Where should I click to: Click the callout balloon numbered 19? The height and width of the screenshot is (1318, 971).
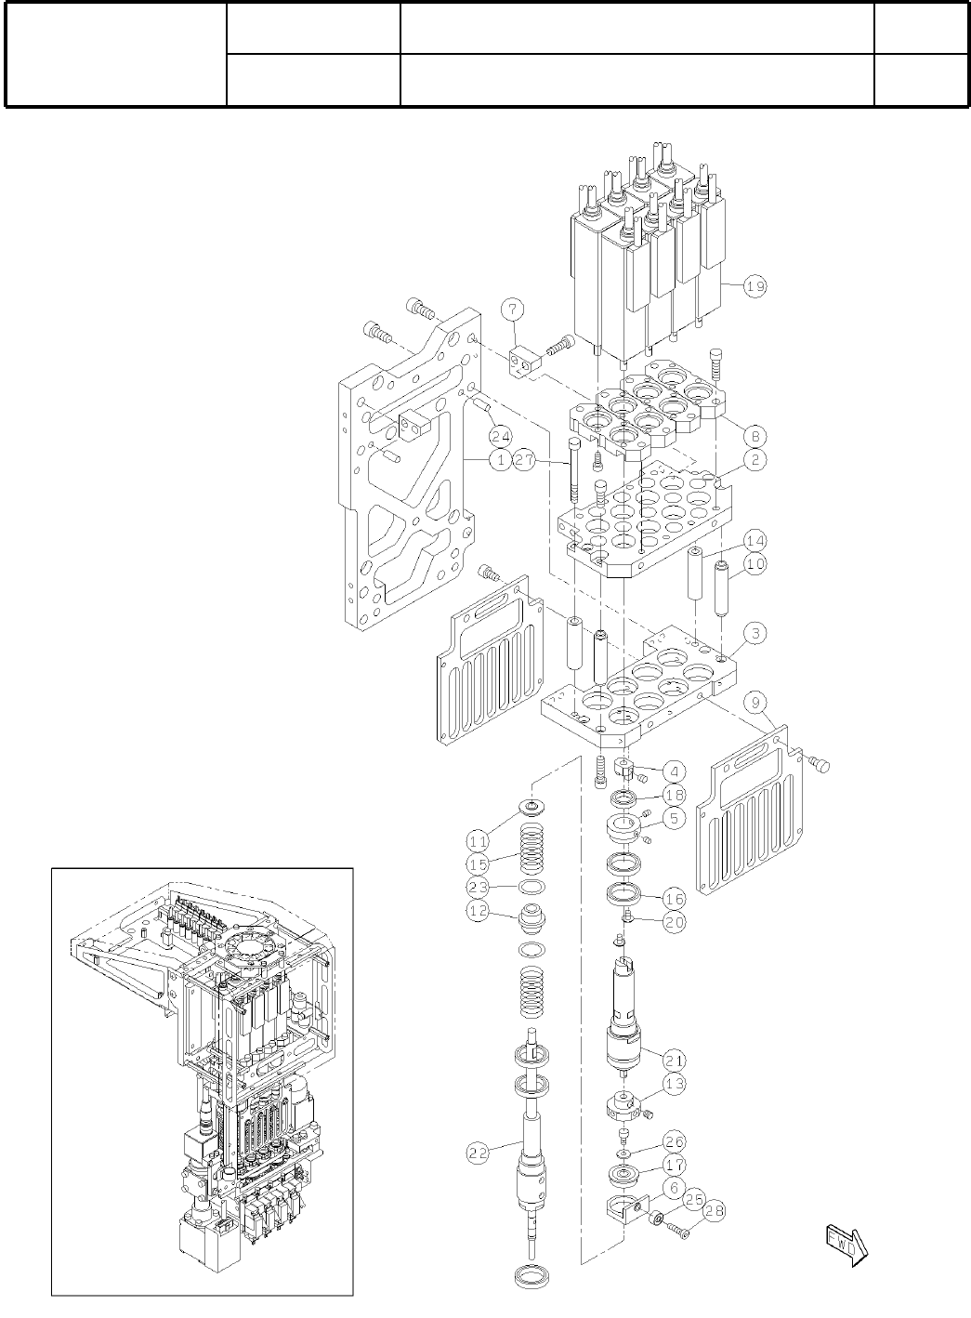[755, 287]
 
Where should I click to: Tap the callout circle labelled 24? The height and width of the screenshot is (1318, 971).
[501, 435]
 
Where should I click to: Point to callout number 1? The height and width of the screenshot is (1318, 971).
[500, 460]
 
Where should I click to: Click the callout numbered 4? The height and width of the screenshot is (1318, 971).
[674, 771]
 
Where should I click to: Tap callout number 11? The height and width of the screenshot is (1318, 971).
[478, 841]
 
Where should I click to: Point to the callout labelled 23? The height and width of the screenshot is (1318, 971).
[478, 888]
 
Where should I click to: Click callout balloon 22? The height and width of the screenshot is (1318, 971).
[478, 1153]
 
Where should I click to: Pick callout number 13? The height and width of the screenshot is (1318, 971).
[674, 1083]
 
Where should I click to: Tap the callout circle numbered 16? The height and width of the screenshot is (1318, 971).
[674, 899]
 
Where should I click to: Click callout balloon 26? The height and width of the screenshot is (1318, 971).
[674, 1142]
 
